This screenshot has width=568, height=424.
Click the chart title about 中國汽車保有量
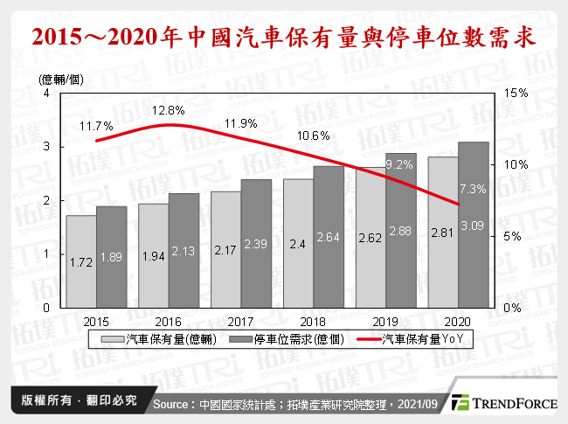coord(284,39)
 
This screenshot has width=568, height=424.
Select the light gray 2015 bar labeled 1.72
coord(81,262)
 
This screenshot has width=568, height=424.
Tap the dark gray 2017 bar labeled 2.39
coord(256,244)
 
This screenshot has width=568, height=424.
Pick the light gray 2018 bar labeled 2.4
coord(298,244)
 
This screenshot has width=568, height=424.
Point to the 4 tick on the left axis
coord(45,94)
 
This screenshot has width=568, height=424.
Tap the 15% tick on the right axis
coord(516,94)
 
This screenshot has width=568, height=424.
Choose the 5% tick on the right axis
coord(515,236)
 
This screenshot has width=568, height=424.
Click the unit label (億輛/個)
coord(62,80)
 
